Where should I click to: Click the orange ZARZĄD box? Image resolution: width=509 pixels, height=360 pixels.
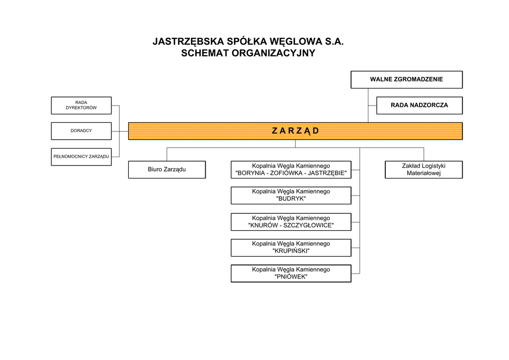295,131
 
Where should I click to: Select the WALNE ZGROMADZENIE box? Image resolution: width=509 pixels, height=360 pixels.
406,80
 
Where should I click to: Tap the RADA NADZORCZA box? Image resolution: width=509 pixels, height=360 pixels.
419,105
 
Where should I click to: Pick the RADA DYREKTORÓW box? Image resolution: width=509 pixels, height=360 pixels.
81,105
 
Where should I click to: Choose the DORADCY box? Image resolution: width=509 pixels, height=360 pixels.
81,131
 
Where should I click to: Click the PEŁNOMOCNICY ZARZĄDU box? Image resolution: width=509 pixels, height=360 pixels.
81,157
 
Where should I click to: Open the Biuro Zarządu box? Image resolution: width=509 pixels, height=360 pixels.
167,170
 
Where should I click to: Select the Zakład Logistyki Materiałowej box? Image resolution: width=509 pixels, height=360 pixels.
424,170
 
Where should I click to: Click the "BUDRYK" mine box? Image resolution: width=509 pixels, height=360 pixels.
291,195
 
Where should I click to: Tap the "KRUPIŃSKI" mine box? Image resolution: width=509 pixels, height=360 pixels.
291,248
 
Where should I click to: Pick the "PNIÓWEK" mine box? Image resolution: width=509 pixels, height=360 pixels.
291,273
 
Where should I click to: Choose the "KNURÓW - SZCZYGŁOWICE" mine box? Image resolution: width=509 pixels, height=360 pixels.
291,222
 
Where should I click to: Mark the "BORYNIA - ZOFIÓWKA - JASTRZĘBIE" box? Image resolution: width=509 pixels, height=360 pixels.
291,170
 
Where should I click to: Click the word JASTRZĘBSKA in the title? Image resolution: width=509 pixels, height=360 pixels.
187,42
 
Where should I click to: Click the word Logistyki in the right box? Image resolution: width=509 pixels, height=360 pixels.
432,166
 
